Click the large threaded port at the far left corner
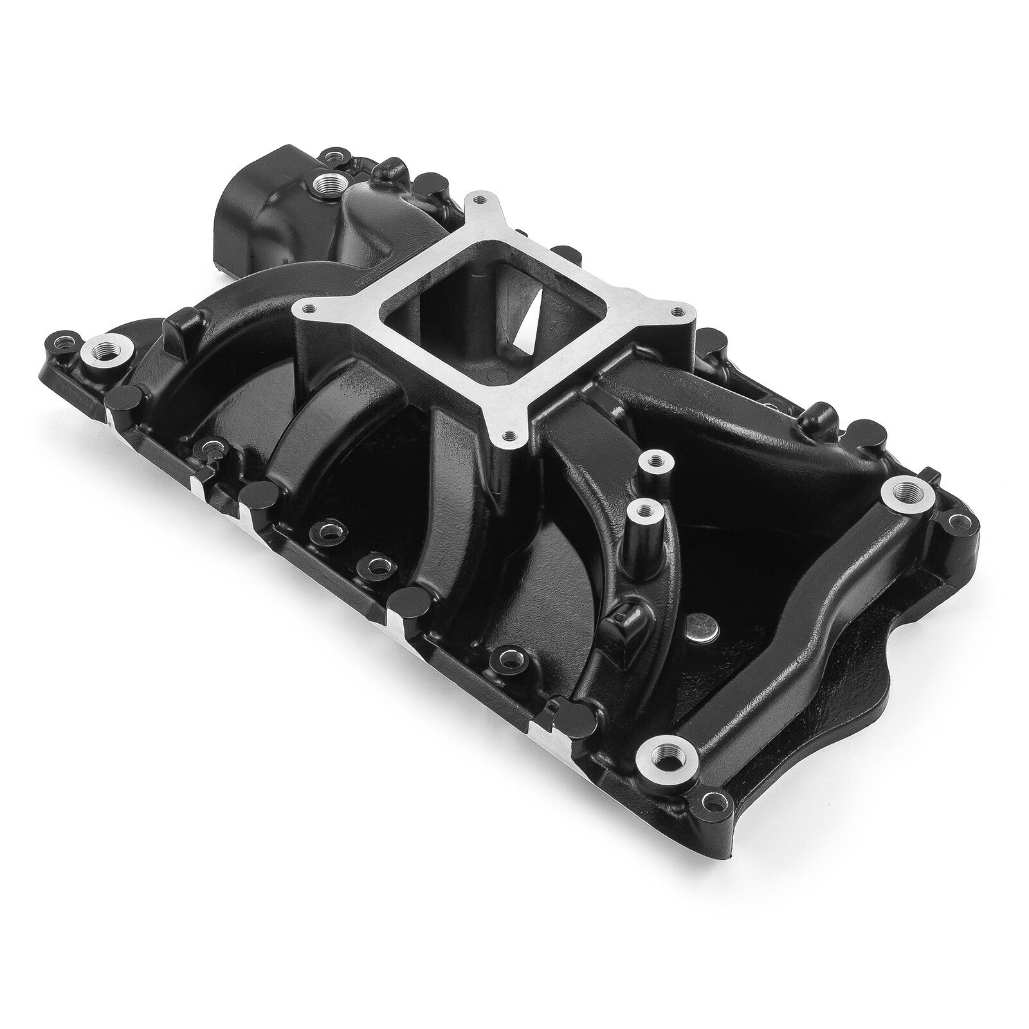(105, 351)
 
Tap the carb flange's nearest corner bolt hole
(510, 435)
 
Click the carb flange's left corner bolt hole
(308, 312)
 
